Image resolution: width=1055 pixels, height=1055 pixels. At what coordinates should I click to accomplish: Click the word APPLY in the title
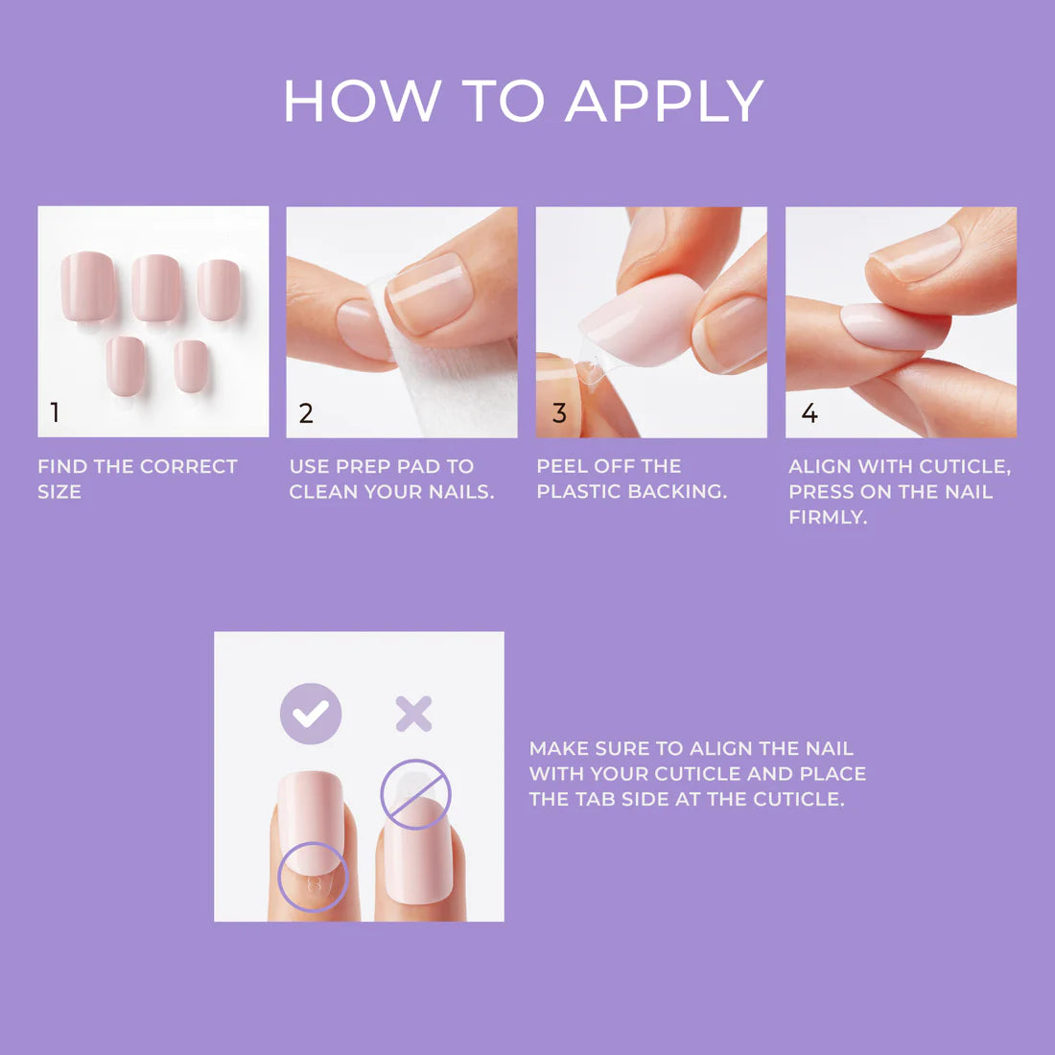point(664,101)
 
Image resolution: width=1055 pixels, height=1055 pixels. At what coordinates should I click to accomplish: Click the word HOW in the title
point(363,101)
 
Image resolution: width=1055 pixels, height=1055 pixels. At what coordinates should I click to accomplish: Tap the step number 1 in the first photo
point(55,412)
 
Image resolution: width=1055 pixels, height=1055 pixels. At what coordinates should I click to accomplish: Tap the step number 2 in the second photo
point(306,413)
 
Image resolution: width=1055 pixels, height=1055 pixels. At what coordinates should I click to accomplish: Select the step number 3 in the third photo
point(559,413)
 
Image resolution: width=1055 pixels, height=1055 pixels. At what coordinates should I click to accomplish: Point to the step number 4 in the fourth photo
point(809,413)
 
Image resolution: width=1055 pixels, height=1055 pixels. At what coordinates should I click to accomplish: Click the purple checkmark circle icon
point(311,715)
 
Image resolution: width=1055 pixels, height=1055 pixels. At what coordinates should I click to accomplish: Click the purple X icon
point(413,715)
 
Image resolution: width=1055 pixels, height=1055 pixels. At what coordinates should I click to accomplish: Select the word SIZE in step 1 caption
point(59,492)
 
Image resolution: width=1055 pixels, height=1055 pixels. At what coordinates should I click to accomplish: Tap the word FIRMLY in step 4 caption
point(828,517)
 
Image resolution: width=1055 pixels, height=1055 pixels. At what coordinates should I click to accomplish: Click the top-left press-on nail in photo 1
point(88,285)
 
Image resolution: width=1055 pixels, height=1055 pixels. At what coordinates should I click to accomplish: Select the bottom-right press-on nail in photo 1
point(192,365)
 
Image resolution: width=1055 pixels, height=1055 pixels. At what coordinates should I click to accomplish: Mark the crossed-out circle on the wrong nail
point(415,793)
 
